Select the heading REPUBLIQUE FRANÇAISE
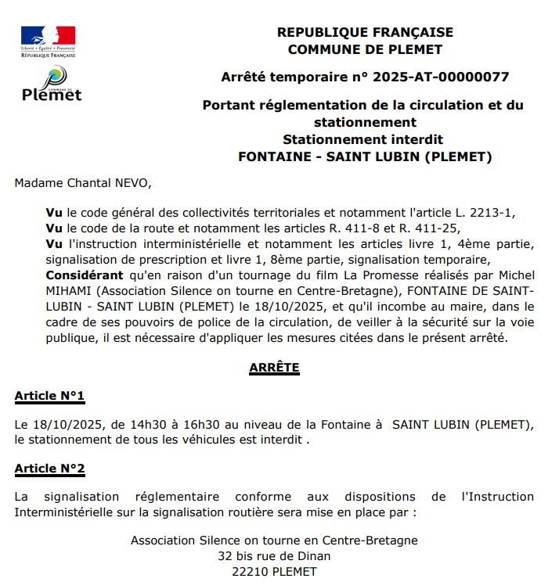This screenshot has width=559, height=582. point(365,32)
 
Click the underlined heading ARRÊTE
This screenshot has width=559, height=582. point(274,367)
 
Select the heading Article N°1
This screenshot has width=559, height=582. point(49,396)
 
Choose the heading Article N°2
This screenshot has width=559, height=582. point(49,469)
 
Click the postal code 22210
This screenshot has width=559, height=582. point(251,572)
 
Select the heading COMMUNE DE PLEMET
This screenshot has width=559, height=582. point(365,49)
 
